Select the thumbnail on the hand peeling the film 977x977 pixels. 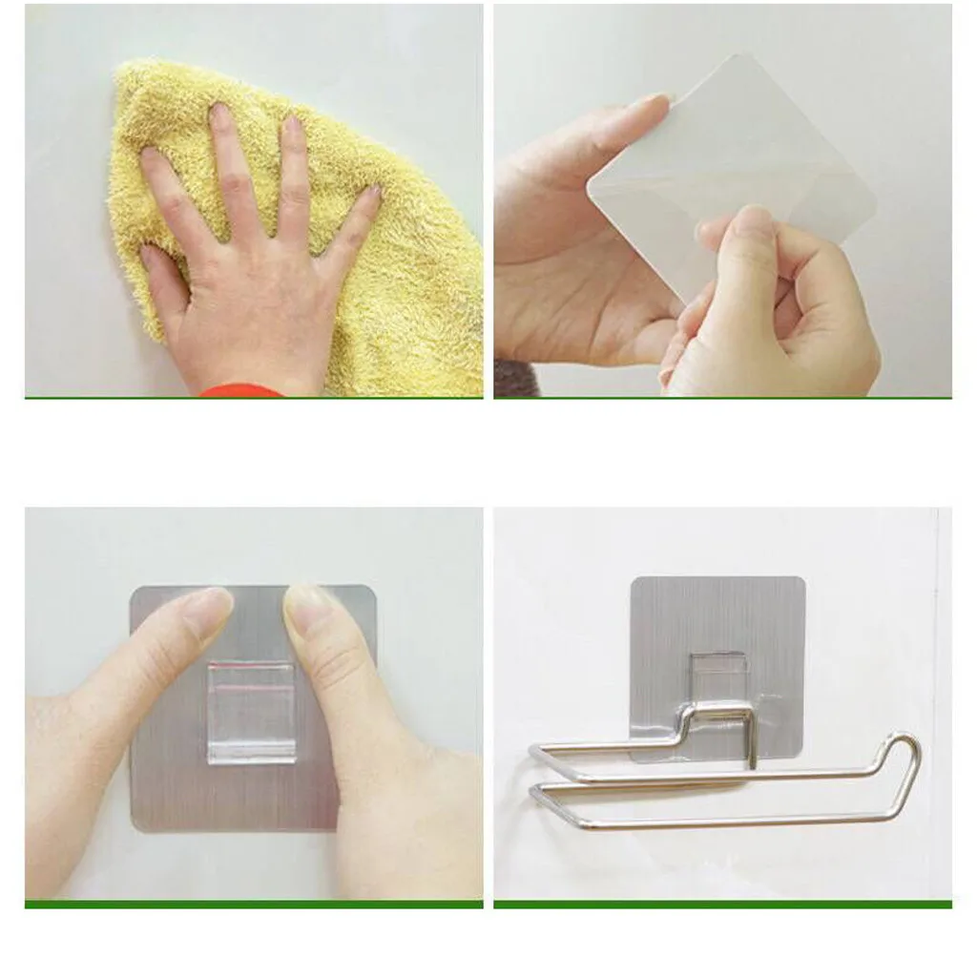coord(753,224)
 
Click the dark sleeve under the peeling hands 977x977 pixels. coord(516,379)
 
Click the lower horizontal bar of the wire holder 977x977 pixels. coord(716,821)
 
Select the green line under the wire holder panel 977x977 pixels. coord(722,904)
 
